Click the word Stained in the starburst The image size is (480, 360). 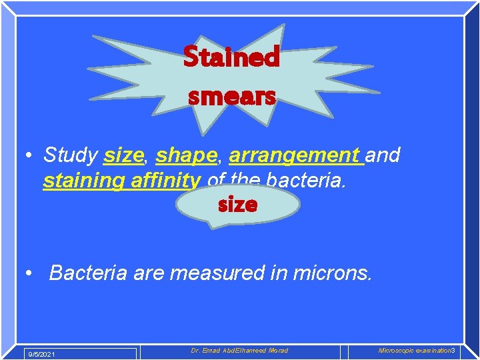point(231,57)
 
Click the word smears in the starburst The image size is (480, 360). point(231,97)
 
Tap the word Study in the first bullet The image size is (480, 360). point(70,155)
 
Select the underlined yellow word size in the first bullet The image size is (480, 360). point(123,155)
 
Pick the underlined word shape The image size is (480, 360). point(186,155)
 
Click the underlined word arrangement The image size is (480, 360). point(294,155)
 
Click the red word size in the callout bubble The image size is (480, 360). point(237,205)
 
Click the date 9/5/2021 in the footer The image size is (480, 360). point(41,353)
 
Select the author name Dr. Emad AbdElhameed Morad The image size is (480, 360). point(239,351)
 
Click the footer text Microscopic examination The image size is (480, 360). point(414,351)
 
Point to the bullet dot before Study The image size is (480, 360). point(29,156)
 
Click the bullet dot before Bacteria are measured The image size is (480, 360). point(29,273)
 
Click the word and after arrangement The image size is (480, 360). point(383,155)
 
